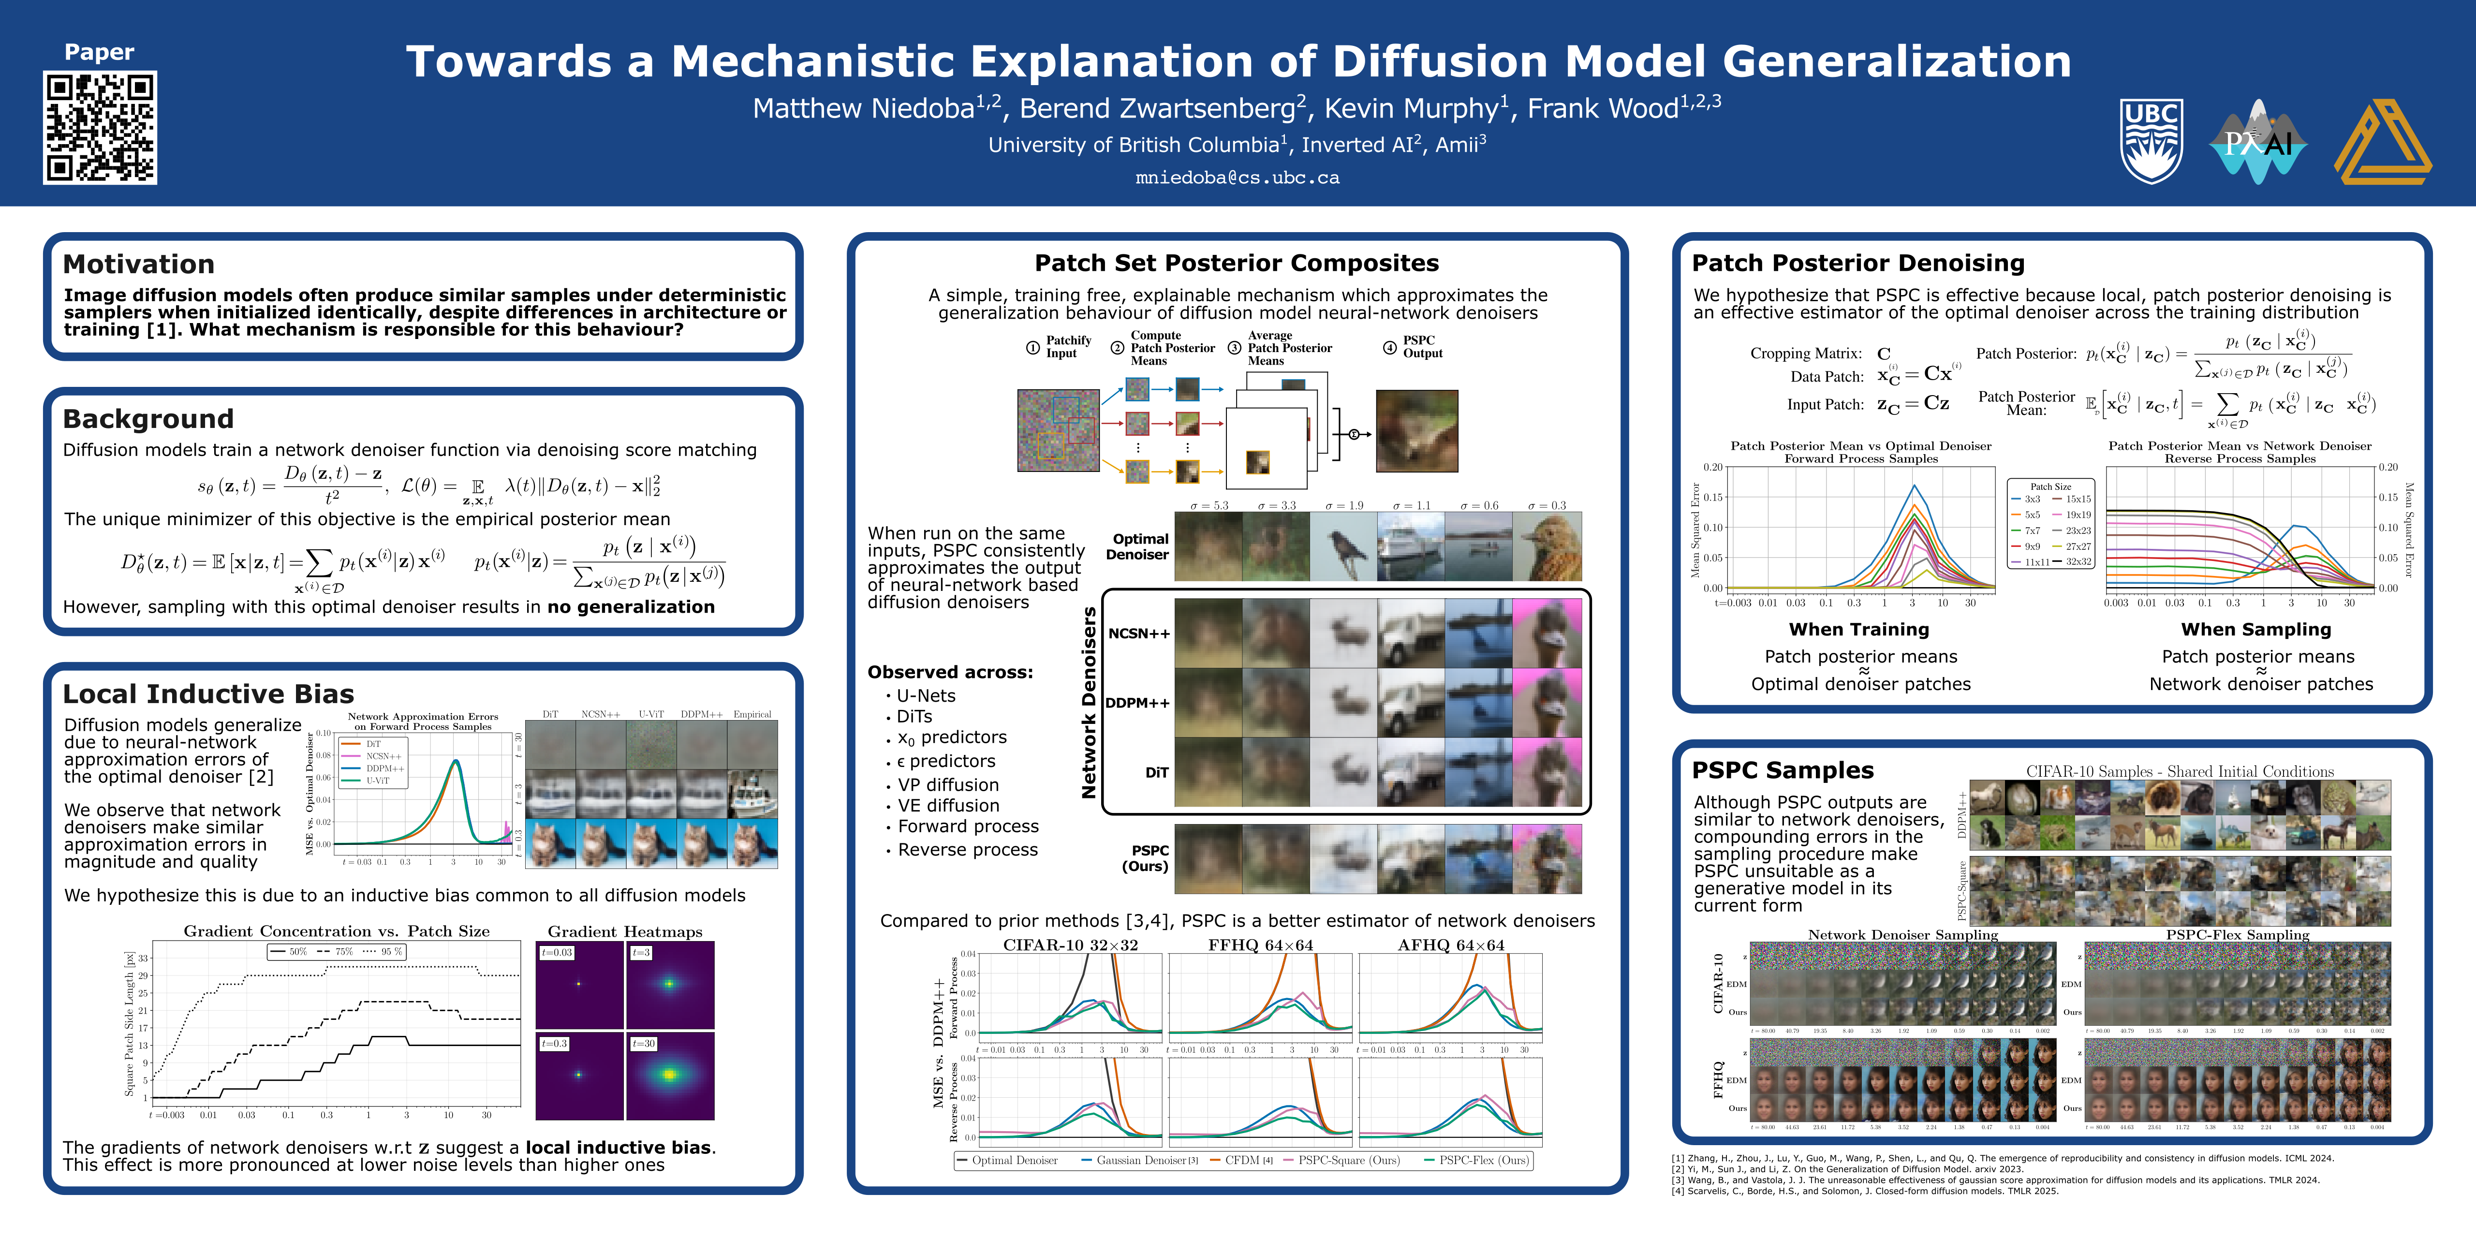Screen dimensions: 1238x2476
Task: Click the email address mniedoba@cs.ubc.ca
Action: pyautogui.click(x=1237, y=178)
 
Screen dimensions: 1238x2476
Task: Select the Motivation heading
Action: pyautogui.click(x=138, y=265)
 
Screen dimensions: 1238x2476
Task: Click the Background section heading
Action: pyautogui.click(x=148, y=419)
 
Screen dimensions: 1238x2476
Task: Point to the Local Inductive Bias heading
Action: pyautogui.click(x=207, y=694)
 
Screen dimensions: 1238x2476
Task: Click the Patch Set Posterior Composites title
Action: pyautogui.click(x=1236, y=264)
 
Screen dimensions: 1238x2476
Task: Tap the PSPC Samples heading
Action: pyautogui.click(x=1782, y=770)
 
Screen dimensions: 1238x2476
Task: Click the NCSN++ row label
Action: pyautogui.click(x=1139, y=634)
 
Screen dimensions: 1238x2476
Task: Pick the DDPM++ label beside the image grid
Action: pyautogui.click(x=1137, y=703)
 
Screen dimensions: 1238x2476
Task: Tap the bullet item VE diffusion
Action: pyautogui.click(x=948, y=806)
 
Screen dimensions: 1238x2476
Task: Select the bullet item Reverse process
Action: pyautogui.click(x=967, y=850)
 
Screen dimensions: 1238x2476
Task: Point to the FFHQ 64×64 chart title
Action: pyautogui.click(x=1260, y=945)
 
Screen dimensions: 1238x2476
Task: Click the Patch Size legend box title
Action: pyautogui.click(x=2050, y=486)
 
